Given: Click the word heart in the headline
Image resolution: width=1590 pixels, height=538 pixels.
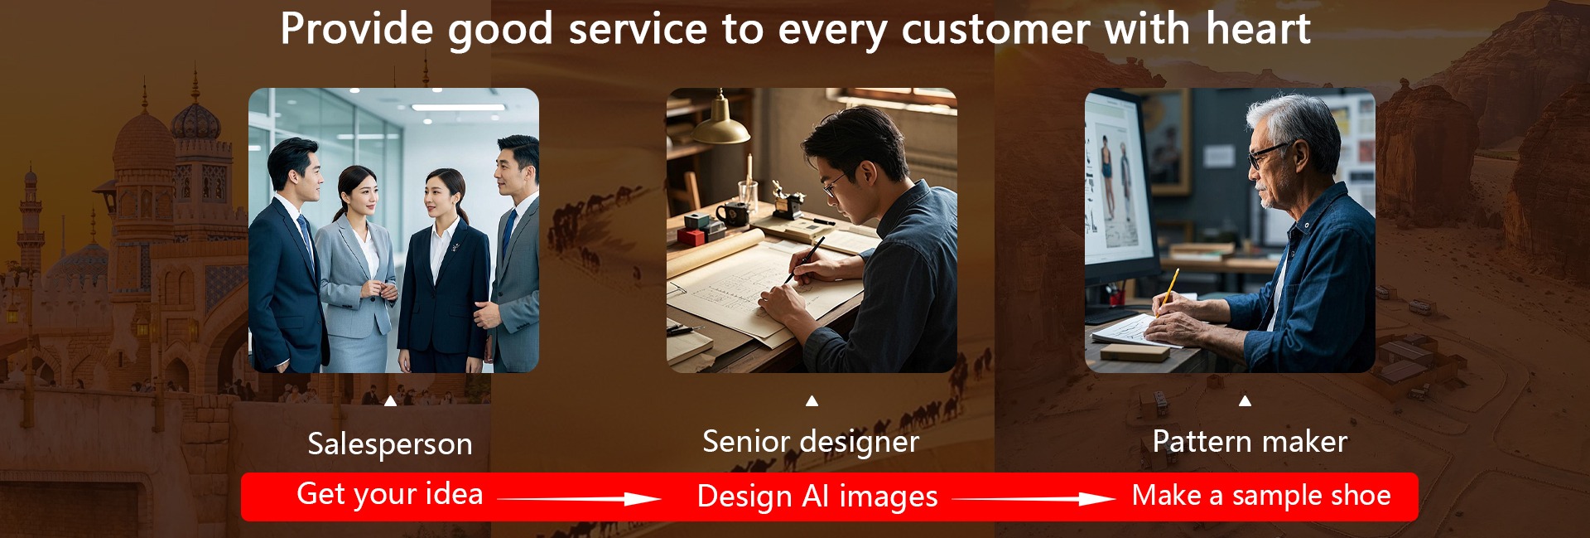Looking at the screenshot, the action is pos(1258,29).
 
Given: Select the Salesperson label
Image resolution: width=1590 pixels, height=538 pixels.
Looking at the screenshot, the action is pos(390,444).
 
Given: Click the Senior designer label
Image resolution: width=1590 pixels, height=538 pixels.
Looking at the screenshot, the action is pos(811,442).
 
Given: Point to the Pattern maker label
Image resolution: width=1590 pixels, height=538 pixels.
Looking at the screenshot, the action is pos(1250,441).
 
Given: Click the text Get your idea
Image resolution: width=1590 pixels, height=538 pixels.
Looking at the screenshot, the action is pos(390,494).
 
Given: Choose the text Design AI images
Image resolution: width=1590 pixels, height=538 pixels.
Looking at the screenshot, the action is pos(817,497).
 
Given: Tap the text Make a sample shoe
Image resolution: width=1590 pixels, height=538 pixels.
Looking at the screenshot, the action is pos(1261,495).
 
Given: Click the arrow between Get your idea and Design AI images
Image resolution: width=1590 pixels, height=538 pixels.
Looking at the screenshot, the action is pos(579,498).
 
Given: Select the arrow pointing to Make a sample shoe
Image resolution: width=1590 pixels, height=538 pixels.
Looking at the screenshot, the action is pos(1033,498).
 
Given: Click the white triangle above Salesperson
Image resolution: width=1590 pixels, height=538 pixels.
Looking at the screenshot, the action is pos(390,401).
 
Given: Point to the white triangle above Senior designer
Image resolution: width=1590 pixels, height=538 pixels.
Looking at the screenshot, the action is pos(812,401).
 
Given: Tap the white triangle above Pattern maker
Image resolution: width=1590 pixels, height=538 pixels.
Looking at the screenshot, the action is pos(1245,401).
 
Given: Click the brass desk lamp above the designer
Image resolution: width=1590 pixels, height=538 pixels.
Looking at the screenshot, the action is pos(720,123).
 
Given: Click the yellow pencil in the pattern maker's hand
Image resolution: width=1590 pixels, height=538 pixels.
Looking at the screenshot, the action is pos(1168,288).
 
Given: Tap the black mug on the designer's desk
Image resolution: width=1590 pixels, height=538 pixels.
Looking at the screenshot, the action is pos(733,215).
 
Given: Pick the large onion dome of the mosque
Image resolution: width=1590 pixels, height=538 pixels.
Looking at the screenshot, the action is pos(143,141).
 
